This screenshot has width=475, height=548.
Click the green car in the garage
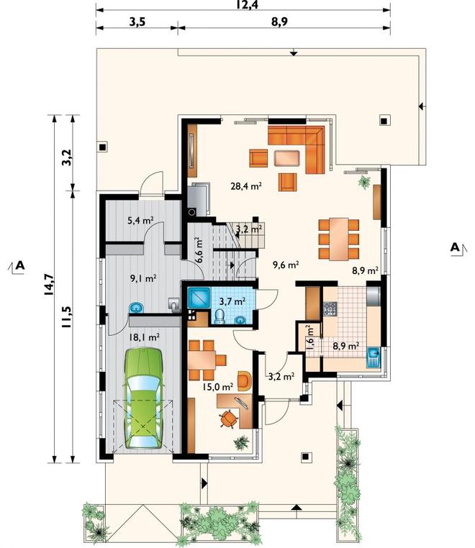(x=143, y=398)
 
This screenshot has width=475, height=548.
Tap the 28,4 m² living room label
(x=246, y=186)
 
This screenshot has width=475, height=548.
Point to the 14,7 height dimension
(x=49, y=284)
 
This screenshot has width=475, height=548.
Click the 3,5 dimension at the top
(x=137, y=22)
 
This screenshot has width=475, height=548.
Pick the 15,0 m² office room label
(x=218, y=387)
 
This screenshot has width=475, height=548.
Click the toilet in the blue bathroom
(x=220, y=316)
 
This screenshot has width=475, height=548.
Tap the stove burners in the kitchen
(x=330, y=309)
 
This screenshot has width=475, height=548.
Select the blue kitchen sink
(x=374, y=357)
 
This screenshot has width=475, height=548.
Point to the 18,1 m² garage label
(x=145, y=337)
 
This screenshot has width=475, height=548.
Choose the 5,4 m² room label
(x=141, y=221)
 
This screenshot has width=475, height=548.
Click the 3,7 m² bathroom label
(x=232, y=301)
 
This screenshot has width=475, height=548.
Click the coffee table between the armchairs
(x=287, y=158)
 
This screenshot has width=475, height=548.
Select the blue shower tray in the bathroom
(x=199, y=298)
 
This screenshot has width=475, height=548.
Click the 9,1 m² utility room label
(x=143, y=278)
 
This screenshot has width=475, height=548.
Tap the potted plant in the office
(x=241, y=442)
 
